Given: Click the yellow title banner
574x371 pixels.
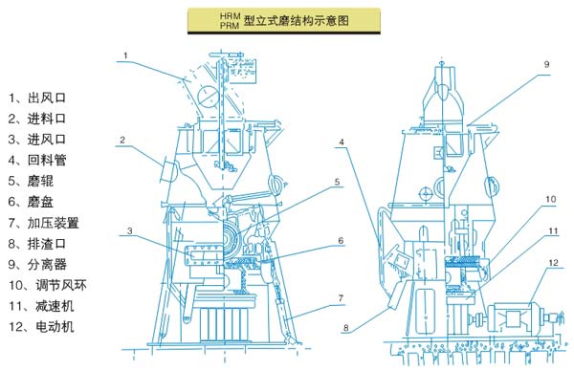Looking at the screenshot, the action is (284, 20).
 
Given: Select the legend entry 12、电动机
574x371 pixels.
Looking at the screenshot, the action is (41, 326).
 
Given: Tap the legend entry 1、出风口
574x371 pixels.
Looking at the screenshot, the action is (37, 98).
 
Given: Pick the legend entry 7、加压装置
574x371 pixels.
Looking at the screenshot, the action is (44, 223).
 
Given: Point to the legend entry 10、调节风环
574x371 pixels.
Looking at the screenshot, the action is (48, 285).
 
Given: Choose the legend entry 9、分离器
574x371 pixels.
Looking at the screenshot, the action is (37, 264).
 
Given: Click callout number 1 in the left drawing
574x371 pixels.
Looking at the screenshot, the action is (125, 55).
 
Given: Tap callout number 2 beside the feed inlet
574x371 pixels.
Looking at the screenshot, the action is (122, 140).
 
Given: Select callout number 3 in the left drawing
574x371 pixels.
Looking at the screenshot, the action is (129, 230).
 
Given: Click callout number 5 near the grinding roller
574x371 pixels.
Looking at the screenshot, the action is (337, 182).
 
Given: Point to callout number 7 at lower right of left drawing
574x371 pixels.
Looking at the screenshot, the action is (341, 298).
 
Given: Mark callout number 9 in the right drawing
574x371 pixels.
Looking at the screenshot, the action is (546, 64).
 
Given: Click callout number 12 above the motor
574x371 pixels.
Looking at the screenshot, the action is (553, 263).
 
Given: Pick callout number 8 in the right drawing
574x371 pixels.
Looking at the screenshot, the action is (346, 327).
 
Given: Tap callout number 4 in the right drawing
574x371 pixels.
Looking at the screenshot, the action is (342, 142).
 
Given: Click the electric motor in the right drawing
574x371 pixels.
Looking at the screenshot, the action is (514, 317).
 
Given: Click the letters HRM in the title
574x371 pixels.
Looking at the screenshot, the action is (230, 15).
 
